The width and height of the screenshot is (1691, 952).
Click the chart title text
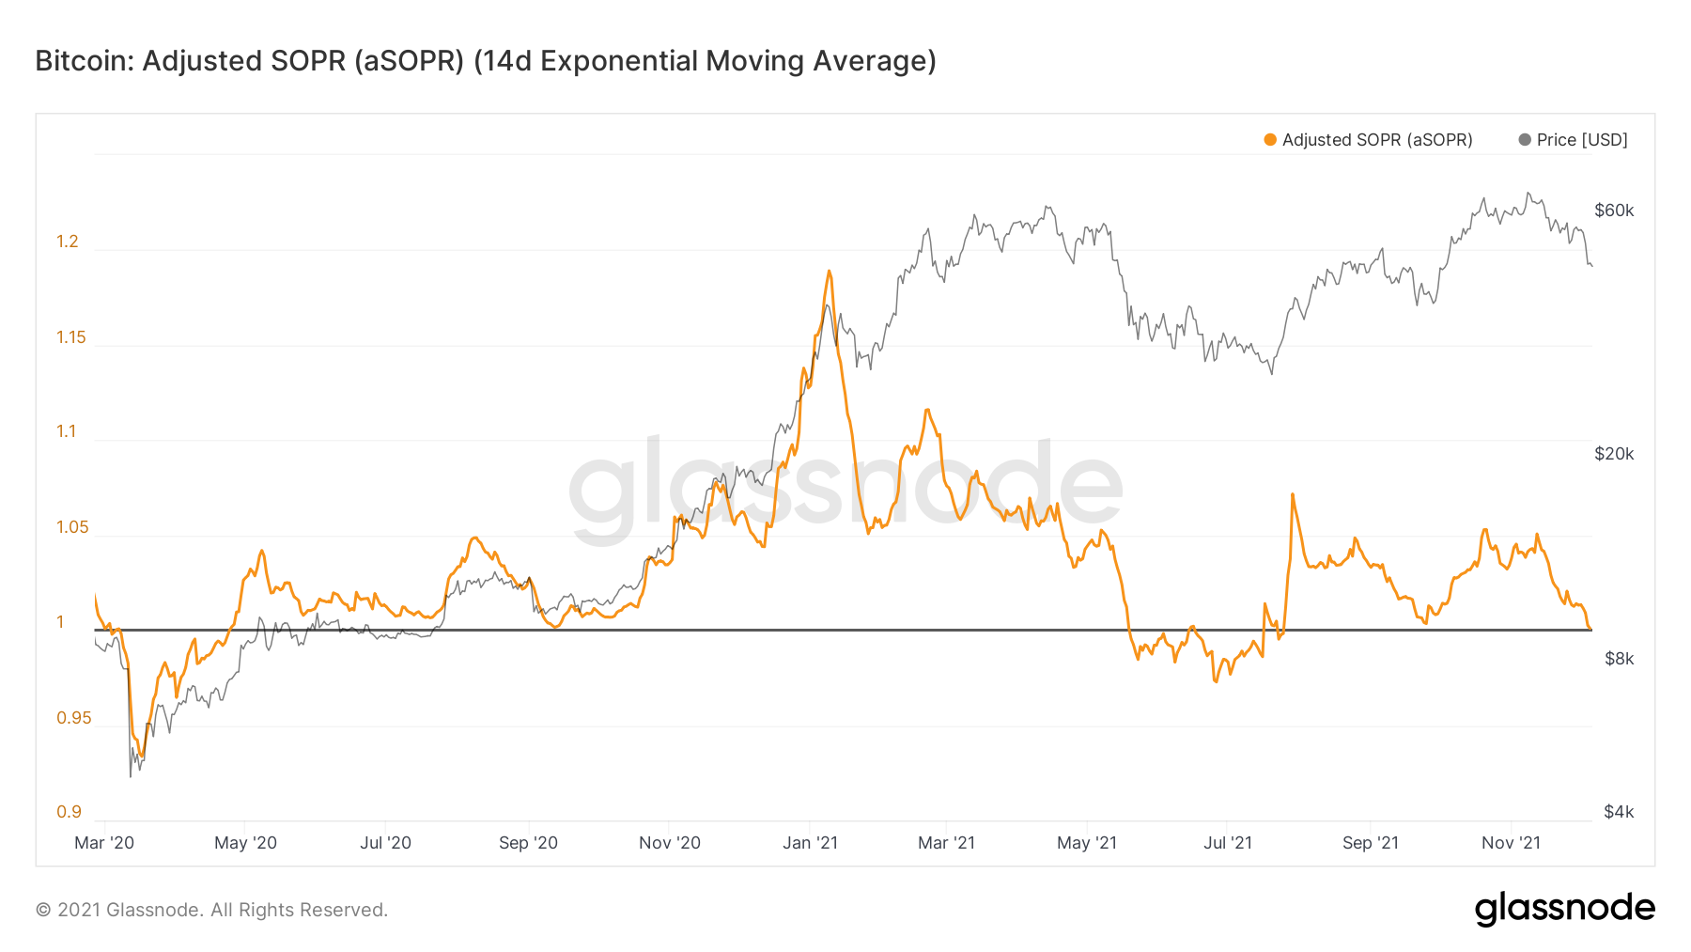click(x=486, y=61)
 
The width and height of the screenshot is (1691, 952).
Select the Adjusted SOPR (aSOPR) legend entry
click(x=1368, y=140)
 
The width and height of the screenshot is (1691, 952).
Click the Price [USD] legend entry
click(x=1573, y=140)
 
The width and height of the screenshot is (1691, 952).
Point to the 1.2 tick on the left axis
click(x=68, y=242)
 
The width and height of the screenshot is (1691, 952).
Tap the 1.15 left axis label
click(x=71, y=337)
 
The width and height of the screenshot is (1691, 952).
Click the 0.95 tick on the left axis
click(x=74, y=718)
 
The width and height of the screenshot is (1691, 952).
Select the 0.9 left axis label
click(x=70, y=812)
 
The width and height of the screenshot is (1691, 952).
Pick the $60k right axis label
click(x=1614, y=211)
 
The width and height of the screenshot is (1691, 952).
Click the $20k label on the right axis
click(x=1614, y=454)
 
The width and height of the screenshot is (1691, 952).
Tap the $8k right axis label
click(x=1619, y=659)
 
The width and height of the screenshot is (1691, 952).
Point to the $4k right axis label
click(x=1619, y=812)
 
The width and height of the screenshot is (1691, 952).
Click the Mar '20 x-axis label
click(x=104, y=843)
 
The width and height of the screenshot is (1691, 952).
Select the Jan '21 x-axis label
click(x=810, y=843)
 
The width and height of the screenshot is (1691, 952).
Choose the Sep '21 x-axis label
click(x=1370, y=843)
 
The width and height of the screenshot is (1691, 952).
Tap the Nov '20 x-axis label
click(x=670, y=843)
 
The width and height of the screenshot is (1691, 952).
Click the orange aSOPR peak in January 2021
click(x=830, y=272)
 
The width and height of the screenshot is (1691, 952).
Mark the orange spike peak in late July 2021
click(x=1293, y=494)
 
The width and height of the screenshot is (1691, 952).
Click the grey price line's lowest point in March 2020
click(x=131, y=775)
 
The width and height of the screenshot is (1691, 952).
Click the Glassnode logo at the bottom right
click(x=1564, y=909)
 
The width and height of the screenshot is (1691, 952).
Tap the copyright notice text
click(x=211, y=910)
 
